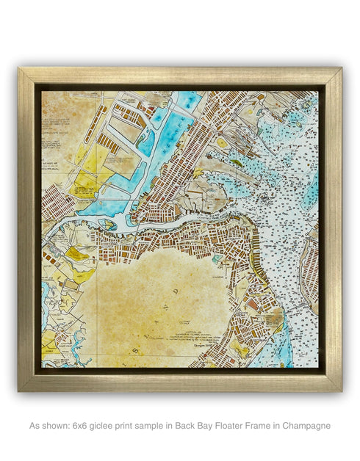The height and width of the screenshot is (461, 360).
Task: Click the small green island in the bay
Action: pyautogui.click(x=235, y=163)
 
